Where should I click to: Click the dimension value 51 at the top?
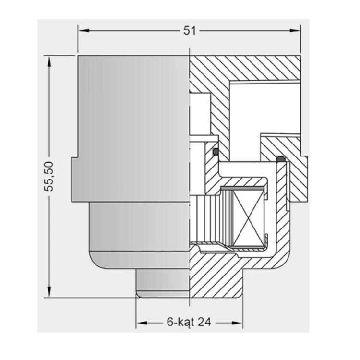point(190,31)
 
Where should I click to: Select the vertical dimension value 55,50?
point(48,176)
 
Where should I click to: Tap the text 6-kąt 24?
point(189,322)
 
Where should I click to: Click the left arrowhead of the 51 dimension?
point(84,30)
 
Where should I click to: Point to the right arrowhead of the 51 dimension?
point(295,30)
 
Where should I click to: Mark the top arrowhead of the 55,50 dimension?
point(49,61)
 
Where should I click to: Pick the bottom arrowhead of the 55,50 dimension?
point(49,291)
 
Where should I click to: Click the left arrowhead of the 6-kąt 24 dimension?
point(142,323)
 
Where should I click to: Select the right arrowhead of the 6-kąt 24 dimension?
point(237,323)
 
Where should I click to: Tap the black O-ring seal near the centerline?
point(216,152)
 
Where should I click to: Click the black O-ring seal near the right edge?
point(280,159)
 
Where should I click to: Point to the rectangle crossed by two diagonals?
point(248,218)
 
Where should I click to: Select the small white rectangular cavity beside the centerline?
point(200,114)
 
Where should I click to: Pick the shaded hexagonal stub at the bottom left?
point(163,283)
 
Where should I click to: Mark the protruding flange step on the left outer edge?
point(75,180)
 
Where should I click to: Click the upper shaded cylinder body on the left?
point(133,107)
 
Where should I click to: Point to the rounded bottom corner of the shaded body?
point(96,263)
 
